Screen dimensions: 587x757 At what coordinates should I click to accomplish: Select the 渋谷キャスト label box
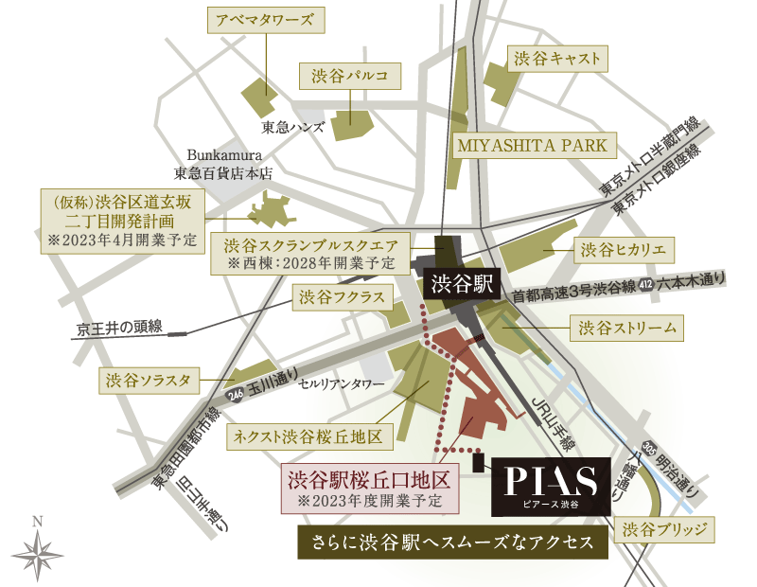(x=556, y=58)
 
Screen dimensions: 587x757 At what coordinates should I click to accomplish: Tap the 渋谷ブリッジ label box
(x=663, y=528)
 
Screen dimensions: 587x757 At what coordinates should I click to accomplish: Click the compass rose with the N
(x=38, y=551)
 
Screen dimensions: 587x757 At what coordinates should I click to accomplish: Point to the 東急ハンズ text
(x=293, y=126)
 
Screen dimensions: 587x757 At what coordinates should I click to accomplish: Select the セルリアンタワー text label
(x=342, y=384)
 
